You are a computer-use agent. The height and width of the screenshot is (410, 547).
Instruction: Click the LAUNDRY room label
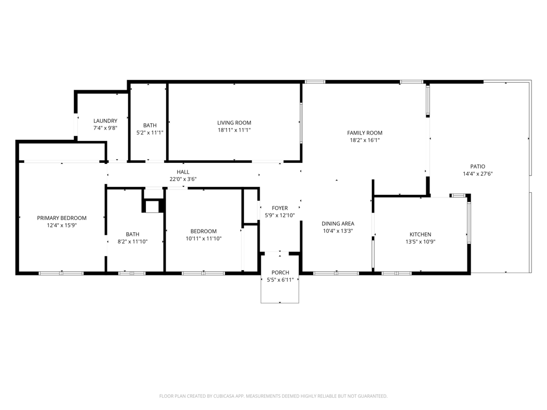[x=105, y=121]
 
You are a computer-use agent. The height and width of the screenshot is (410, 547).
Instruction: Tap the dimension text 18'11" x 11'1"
[x=234, y=130]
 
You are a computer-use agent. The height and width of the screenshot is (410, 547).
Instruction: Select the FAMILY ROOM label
[x=365, y=133]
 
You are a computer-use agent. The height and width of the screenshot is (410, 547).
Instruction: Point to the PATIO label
[x=478, y=167]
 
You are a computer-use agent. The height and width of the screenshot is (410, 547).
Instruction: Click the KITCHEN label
[x=420, y=234]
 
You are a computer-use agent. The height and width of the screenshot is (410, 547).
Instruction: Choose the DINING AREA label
[x=338, y=224]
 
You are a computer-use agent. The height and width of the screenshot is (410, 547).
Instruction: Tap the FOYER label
[x=280, y=208]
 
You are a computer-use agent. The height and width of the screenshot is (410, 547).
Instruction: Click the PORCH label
[x=280, y=273]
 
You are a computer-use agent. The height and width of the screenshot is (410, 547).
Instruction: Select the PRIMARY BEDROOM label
[x=61, y=218]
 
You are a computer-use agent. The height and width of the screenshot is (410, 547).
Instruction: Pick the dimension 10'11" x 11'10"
[x=204, y=239]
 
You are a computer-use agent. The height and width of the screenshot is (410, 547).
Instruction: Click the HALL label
[x=183, y=172]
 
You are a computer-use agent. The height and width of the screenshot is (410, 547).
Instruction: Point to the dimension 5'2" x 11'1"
[x=150, y=132]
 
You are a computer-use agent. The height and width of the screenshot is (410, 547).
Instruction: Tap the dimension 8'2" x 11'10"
[x=132, y=241]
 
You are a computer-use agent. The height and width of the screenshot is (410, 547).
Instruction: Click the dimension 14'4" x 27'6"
[x=478, y=174]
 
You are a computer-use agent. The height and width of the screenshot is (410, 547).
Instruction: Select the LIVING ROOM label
[x=234, y=123]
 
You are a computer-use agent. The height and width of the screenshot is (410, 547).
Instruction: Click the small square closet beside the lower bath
[x=152, y=206]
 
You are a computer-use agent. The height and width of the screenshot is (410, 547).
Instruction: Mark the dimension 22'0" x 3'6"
[x=183, y=179]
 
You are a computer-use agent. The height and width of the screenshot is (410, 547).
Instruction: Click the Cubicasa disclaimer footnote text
[x=273, y=396]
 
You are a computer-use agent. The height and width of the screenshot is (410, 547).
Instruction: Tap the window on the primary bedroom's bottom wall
[x=61, y=273]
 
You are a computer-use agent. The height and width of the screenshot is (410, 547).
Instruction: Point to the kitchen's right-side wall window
[x=469, y=222]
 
